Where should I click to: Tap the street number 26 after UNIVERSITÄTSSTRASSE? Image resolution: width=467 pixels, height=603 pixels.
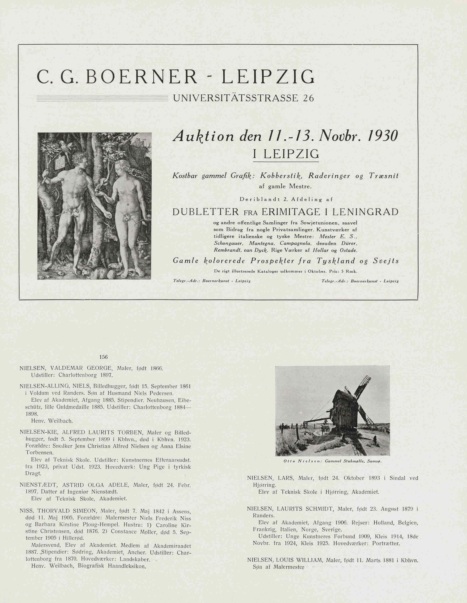[x=308, y=98]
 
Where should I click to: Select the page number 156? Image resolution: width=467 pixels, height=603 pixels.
[x=103, y=357]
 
